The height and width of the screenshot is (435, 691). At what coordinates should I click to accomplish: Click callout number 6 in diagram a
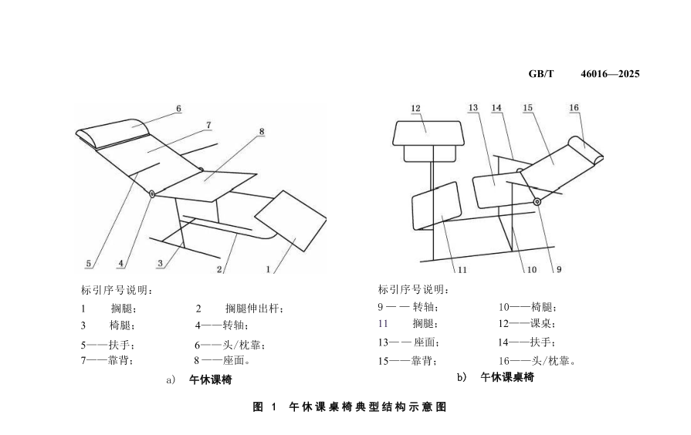coord(178,109)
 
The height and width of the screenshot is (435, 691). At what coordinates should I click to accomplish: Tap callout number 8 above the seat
coord(262,132)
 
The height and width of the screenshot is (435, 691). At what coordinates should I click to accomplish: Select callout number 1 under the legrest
coord(268,269)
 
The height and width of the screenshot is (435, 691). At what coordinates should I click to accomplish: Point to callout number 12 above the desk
coord(415,109)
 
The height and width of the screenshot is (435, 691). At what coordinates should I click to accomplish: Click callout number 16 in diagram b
coord(574,109)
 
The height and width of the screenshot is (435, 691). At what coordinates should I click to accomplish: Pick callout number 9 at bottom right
coord(558,269)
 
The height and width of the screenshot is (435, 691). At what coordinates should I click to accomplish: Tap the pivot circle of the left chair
coord(152,194)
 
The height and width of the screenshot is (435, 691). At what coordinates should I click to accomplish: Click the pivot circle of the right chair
coord(536,201)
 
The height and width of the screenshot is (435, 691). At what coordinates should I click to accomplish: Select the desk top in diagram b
coord(427,133)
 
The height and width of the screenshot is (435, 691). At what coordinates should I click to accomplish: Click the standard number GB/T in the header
coord(541,73)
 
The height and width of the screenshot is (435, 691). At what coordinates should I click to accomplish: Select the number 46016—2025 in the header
coord(610,73)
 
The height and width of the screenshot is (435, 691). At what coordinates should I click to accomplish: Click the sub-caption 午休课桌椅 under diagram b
coord(506,377)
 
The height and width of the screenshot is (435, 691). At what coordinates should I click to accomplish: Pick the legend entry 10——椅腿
coord(527,307)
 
